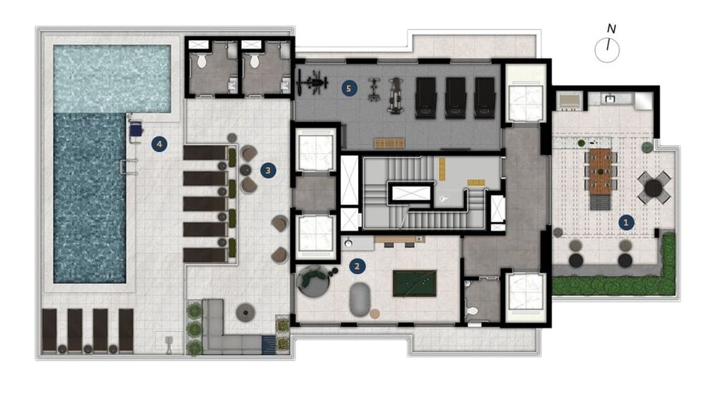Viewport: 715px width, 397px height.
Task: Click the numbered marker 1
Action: pos(626,223)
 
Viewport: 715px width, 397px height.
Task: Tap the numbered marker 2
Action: pos(357,267)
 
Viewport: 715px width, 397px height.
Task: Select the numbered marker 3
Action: pos(268,171)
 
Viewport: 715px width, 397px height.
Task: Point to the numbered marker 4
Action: pos(159,144)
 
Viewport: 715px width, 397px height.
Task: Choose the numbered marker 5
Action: pos(349,89)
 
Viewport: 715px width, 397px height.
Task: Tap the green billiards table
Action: pos(415,283)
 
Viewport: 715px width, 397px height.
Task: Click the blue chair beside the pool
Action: pos(135,131)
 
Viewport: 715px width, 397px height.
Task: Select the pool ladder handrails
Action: pos(128,167)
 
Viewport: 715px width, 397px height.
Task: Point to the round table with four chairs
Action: pos(654,188)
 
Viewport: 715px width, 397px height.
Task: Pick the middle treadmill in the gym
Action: pos(455,97)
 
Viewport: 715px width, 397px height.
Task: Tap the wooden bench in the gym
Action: pos(390,144)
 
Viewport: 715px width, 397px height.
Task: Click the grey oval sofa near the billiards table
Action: pos(360,299)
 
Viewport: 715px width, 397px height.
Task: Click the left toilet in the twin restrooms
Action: pos(202,60)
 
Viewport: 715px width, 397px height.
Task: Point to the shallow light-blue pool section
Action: pos(112,79)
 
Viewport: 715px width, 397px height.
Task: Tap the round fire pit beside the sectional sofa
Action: pos(245,312)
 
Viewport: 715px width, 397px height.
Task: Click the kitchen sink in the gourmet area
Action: pos(609,99)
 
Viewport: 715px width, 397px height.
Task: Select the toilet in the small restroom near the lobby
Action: pos(473,311)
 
